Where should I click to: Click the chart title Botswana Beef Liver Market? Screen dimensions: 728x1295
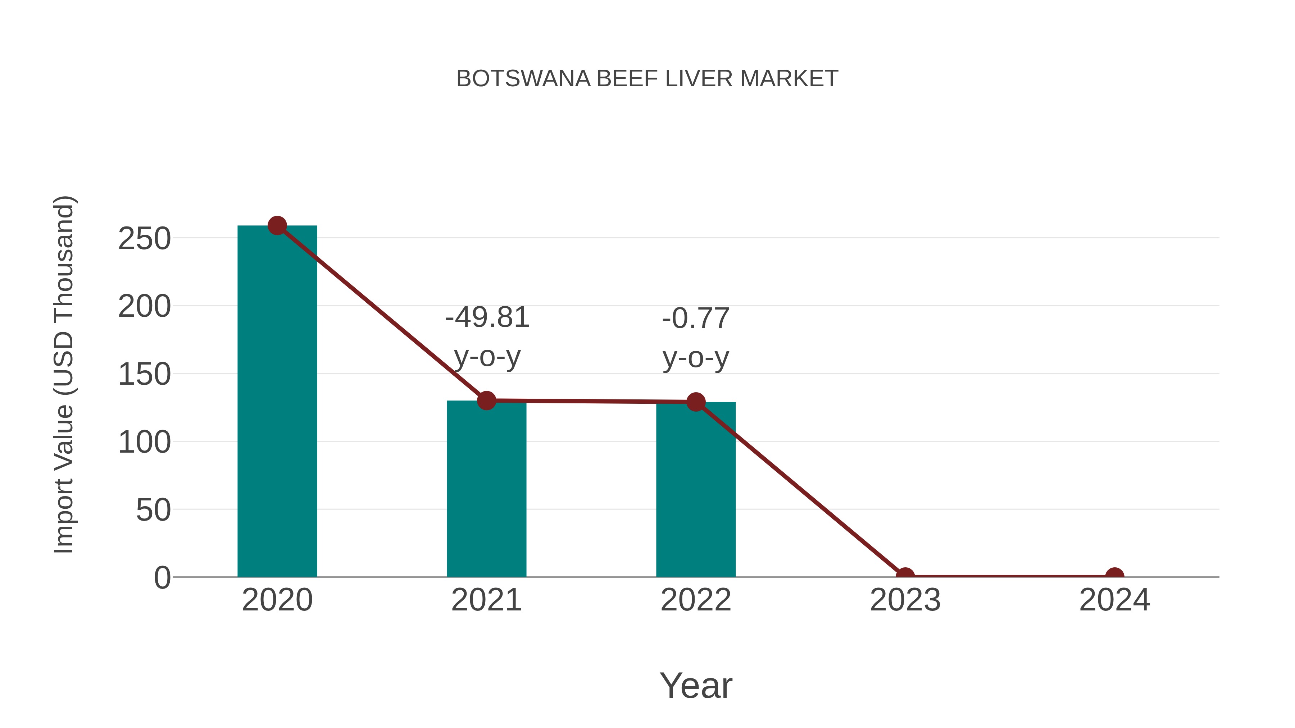click(x=647, y=79)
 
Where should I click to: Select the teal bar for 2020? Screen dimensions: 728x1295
click(x=277, y=402)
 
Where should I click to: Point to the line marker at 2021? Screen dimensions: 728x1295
click(x=486, y=400)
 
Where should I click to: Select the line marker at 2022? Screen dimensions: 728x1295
click(x=696, y=402)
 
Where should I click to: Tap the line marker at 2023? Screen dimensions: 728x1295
click(x=905, y=576)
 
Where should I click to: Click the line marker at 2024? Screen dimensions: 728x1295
click(x=1114, y=576)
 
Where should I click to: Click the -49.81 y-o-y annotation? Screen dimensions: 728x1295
click(x=487, y=337)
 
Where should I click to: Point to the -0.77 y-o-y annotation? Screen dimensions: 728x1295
click(x=696, y=338)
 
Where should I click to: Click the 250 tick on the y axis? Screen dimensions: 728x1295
click(x=144, y=239)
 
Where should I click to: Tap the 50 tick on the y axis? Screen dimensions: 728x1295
click(x=153, y=510)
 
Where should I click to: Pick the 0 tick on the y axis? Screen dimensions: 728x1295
click(x=162, y=578)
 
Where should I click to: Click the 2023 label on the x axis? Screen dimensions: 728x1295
click(x=905, y=600)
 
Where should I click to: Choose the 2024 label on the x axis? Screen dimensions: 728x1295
click(x=1114, y=600)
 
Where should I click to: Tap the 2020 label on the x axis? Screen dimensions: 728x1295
click(x=277, y=600)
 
